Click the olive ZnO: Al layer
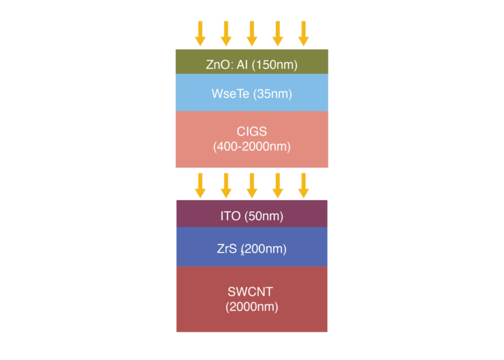tap(252, 62)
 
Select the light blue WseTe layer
tap(252, 93)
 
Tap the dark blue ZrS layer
tap(252, 247)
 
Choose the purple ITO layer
tap(252, 214)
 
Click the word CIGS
tap(252, 131)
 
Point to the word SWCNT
tap(251, 292)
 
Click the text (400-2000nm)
tap(252, 147)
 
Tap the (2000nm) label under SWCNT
tap(252, 307)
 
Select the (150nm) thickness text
tap(275, 65)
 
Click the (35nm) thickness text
tap(272, 94)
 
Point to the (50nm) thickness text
tap(264, 216)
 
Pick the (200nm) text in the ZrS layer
tap(264, 249)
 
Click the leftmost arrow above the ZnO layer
tap(200, 33)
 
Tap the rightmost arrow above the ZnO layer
tap(303, 33)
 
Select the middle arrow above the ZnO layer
tap(252, 33)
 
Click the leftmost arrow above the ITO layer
tap(200, 186)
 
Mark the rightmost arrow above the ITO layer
tap(303, 186)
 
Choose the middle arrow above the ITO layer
tap(252, 186)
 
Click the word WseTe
tap(230, 94)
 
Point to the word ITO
tap(230, 216)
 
